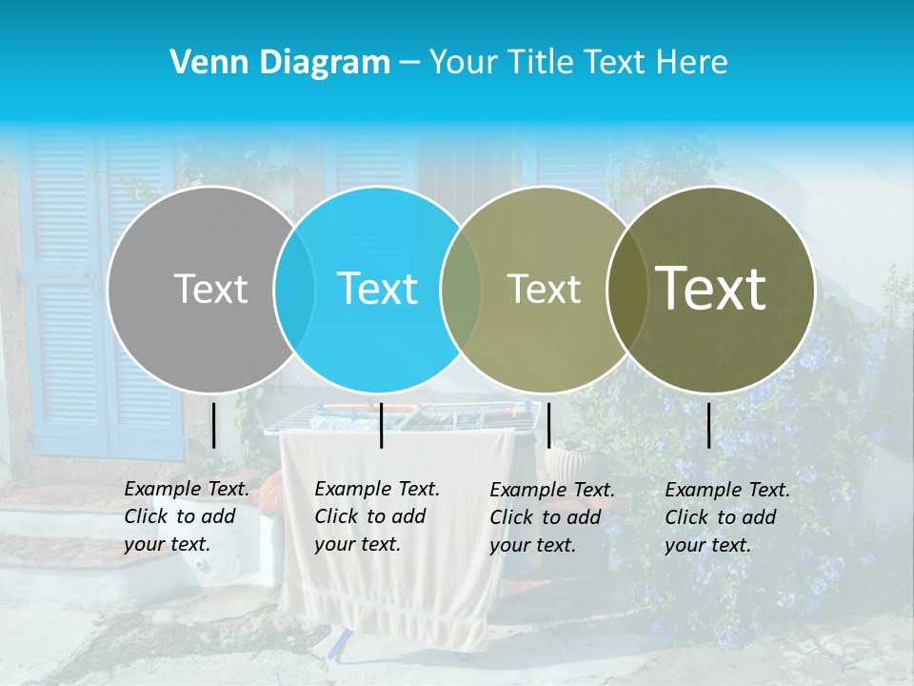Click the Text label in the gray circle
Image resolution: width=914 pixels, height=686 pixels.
point(210,289)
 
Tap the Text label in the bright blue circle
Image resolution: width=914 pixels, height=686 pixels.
point(377,289)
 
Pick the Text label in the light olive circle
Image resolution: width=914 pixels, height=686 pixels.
point(544,289)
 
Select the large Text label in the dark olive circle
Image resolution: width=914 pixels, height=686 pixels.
point(710,289)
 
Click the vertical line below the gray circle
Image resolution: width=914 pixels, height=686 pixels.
point(213,425)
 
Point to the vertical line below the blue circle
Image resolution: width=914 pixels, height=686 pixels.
point(381,425)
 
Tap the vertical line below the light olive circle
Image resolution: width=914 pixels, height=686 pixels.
point(548,425)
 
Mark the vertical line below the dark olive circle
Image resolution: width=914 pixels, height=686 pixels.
point(708,425)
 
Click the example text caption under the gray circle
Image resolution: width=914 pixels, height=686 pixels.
point(186,516)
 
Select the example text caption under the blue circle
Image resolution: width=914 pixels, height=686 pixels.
point(376,516)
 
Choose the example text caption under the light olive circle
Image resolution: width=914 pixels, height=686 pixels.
point(551,516)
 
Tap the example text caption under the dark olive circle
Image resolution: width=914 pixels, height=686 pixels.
point(726,516)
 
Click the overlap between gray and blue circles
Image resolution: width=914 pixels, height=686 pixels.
point(294,289)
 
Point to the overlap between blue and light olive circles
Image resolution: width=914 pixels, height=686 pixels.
point(461,289)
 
